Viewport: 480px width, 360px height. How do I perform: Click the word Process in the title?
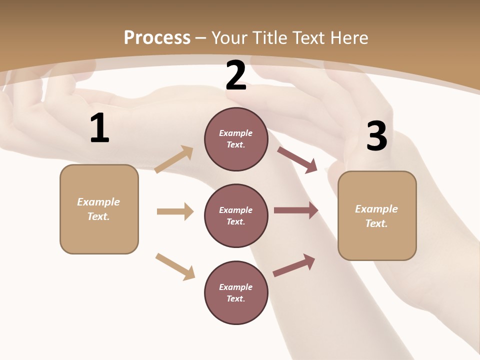[x=157, y=37]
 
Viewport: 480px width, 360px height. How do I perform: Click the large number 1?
[x=99, y=128]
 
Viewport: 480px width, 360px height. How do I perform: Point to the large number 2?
[x=236, y=75]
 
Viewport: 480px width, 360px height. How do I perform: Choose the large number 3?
[x=377, y=136]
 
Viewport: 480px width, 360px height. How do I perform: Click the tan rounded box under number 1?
[x=99, y=209]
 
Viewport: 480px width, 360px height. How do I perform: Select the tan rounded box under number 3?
[x=377, y=215]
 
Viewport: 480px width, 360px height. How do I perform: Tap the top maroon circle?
[x=236, y=139]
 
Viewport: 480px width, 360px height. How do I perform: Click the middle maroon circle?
[x=236, y=215]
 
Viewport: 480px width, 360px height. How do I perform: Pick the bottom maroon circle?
[x=236, y=292]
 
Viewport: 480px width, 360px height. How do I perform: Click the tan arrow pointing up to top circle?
[x=174, y=159]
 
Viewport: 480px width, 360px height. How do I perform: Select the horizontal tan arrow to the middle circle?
[x=175, y=211]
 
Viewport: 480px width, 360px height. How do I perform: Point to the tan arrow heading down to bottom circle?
[x=175, y=266]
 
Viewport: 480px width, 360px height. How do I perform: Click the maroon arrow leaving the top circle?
[x=297, y=159]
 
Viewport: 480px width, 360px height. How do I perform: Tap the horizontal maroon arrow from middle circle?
[x=296, y=210]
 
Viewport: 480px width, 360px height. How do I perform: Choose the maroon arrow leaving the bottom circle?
[x=294, y=265]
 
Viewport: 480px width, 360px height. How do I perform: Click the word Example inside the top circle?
[x=236, y=133]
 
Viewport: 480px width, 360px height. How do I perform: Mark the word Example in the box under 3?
[x=376, y=209]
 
